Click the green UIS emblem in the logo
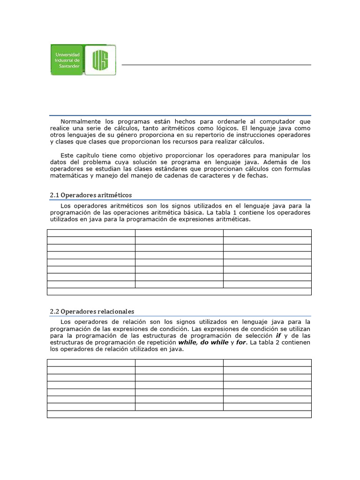[100, 60]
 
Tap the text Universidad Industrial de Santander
[67, 60]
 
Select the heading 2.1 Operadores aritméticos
[91, 195]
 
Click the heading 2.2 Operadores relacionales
[92, 311]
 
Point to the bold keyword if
[277, 336]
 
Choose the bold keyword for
[241, 342]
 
